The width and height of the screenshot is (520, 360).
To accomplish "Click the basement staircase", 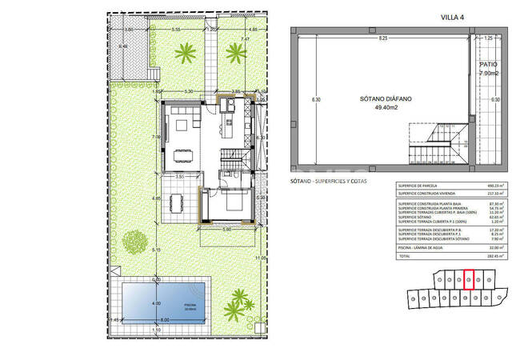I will coord(437,143).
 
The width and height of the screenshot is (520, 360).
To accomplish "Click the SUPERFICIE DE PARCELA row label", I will coord(422,186).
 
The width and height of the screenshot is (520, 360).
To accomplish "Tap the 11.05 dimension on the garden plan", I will coord(259,258).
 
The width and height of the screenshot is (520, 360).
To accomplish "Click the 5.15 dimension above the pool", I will coord(157,250).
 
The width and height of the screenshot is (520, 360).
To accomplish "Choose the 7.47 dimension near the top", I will coord(246,38).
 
